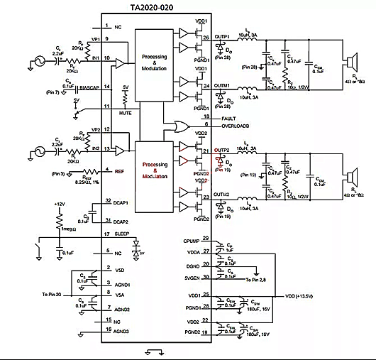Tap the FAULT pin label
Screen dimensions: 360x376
click(x=211, y=116)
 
